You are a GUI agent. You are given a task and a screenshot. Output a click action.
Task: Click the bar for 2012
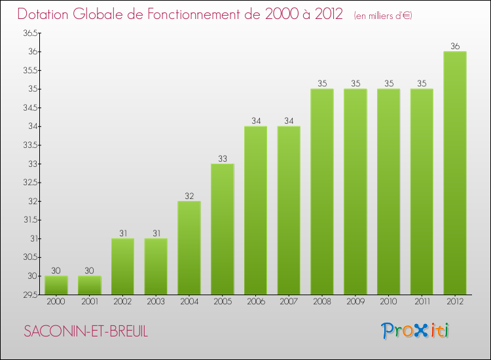point(455,173)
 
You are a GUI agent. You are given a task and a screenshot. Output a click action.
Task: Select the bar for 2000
point(56,285)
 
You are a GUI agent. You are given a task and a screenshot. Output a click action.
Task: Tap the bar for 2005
point(223,229)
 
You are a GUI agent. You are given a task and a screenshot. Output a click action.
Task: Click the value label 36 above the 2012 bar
point(455,46)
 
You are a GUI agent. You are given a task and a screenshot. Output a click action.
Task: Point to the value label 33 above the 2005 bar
point(223,158)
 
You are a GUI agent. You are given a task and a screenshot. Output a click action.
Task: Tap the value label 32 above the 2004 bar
point(189,196)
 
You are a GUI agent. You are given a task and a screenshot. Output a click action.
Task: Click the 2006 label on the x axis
point(255,302)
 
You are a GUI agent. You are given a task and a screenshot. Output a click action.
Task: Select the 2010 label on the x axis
point(388,302)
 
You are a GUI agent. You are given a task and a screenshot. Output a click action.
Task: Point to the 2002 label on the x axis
point(122,302)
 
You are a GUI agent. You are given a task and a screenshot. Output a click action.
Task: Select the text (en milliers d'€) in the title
point(382,15)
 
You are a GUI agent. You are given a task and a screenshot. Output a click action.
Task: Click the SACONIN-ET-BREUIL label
point(86,331)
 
